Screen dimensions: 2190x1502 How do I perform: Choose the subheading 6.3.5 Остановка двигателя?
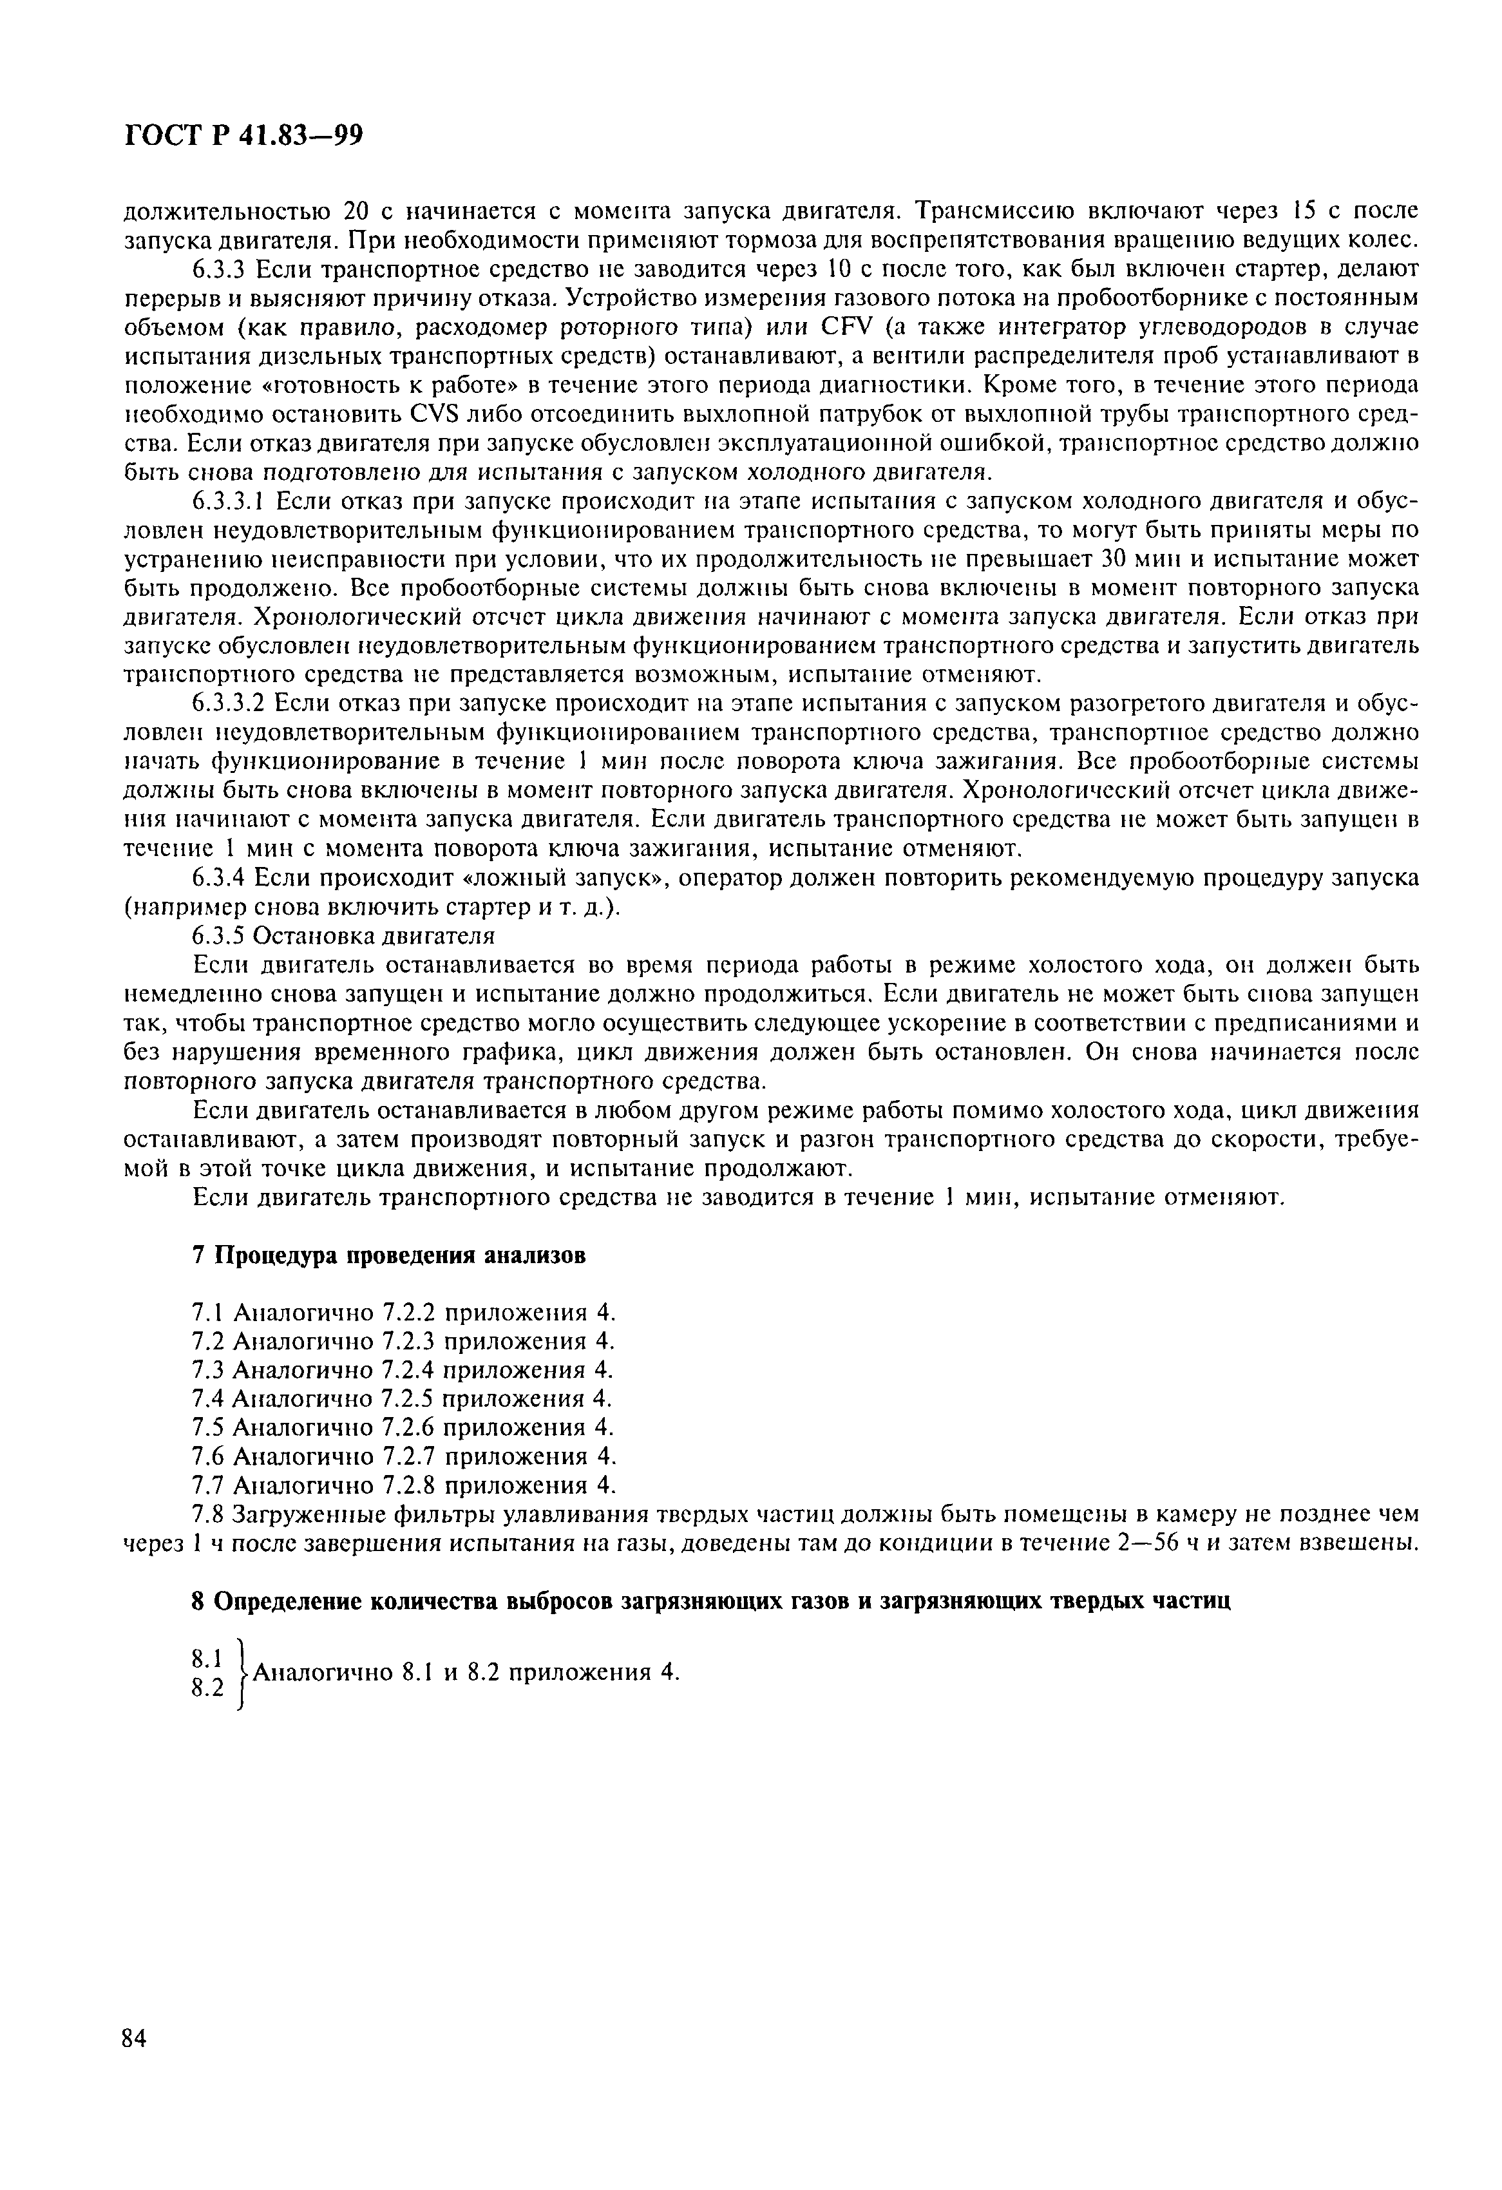[x=343, y=936]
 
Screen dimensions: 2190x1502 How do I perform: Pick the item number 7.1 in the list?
[x=206, y=1311]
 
